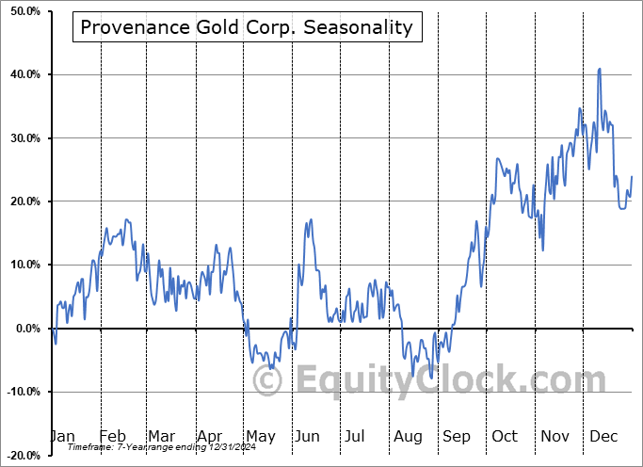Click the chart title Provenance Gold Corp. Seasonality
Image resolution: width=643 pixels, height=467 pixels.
(247, 27)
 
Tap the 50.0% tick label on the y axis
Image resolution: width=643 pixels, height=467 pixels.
(22, 11)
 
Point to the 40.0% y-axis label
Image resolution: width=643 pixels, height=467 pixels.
(22, 74)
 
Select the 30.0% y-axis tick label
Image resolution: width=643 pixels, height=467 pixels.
(22, 138)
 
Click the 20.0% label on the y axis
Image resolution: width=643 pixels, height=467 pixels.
(22, 201)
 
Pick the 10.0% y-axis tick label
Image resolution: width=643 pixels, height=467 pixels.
(22, 265)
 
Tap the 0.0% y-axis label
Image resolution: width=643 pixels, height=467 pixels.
(24, 329)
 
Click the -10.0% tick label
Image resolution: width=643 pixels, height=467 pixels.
(20, 392)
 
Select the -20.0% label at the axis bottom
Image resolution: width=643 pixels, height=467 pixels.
(20, 455)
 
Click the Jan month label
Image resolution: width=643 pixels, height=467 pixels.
(62, 436)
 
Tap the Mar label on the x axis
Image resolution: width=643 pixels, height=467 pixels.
(161, 436)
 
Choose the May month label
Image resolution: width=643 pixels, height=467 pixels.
(260, 436)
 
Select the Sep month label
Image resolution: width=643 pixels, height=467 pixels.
(457, 436)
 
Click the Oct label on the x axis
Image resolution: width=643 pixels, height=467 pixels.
(506, 436)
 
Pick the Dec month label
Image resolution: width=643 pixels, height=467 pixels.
(604, 436)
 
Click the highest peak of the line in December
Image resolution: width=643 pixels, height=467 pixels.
(599, 69)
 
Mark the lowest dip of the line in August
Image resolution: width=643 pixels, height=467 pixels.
(431, 378)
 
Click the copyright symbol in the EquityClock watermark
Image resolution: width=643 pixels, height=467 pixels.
(268, 381)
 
